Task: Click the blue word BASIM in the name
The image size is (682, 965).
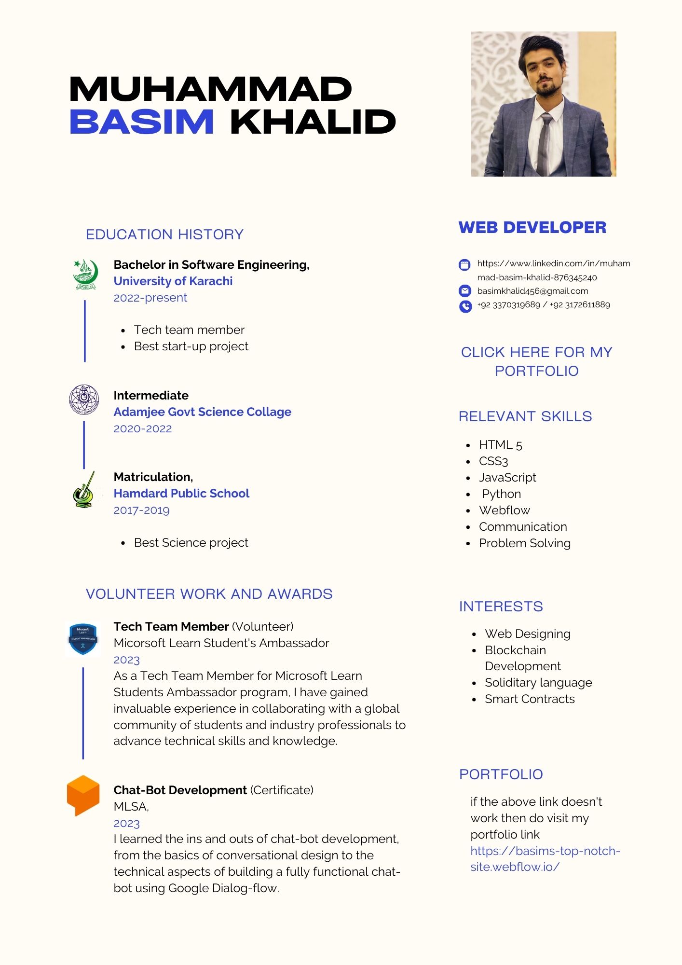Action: point(142,122)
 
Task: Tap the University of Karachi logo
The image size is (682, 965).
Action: point(85,275)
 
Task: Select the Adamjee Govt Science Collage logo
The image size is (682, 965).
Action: point(84,400)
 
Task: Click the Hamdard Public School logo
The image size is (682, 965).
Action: point(84,491)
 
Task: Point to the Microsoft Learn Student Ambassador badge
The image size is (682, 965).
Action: point(83,639)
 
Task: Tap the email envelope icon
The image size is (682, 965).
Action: point(465,291)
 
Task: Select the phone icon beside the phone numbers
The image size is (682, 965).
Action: point(465,306)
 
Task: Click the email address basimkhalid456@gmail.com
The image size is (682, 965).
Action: point(532,291)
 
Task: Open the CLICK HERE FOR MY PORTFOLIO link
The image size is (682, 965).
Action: point(536,361)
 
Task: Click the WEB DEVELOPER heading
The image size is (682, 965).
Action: point(532,227)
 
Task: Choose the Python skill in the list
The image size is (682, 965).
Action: point(501,494)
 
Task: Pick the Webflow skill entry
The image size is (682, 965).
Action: point(504,510)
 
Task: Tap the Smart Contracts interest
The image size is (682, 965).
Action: point(530,699)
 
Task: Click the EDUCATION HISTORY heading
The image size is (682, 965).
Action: point(164,234)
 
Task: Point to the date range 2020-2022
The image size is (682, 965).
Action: point(143,429)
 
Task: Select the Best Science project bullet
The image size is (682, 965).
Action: point(191,543)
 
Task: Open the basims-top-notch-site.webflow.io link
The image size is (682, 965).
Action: point(545,859)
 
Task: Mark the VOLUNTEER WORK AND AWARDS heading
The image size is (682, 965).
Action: point(209,594)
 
